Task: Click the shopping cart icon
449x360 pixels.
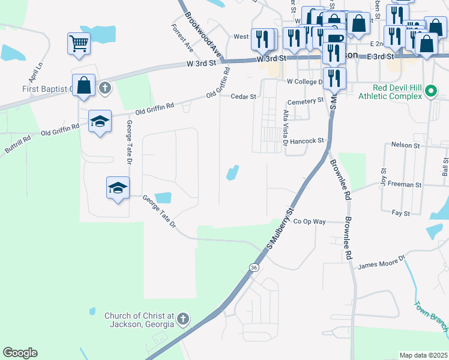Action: (79, 44)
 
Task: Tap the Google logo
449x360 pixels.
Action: (20, 353)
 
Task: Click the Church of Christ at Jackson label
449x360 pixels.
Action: (139, 320)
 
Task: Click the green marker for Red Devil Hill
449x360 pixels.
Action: (430, 92)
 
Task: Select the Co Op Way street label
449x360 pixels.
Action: (310, 221)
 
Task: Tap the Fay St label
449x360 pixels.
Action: (400, 212)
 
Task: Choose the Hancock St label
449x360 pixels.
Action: (306, 141)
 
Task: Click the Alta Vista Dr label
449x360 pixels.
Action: (285, 128)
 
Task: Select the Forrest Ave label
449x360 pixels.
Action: (182, 37)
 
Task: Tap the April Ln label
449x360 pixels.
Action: (35, 73)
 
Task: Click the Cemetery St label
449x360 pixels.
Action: (306, 101)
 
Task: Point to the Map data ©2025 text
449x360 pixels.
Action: (423, 355)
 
